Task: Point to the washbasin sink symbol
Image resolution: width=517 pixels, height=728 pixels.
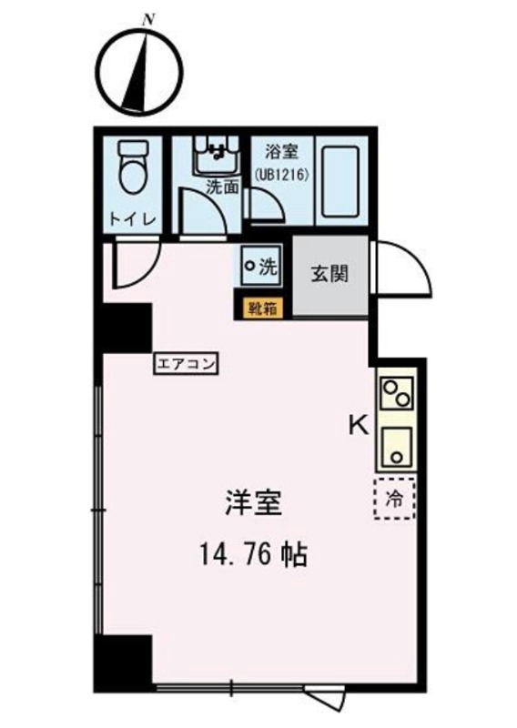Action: pos(216,157)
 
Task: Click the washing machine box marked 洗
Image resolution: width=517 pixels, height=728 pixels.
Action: pos(262,267)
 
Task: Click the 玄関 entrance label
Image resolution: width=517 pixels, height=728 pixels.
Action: pos(330,274)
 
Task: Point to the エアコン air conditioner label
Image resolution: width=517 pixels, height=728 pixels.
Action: pos(187,365)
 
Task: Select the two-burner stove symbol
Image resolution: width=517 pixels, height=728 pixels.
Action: pos(398,395)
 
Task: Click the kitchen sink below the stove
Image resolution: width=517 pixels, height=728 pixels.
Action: pos(397,445)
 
